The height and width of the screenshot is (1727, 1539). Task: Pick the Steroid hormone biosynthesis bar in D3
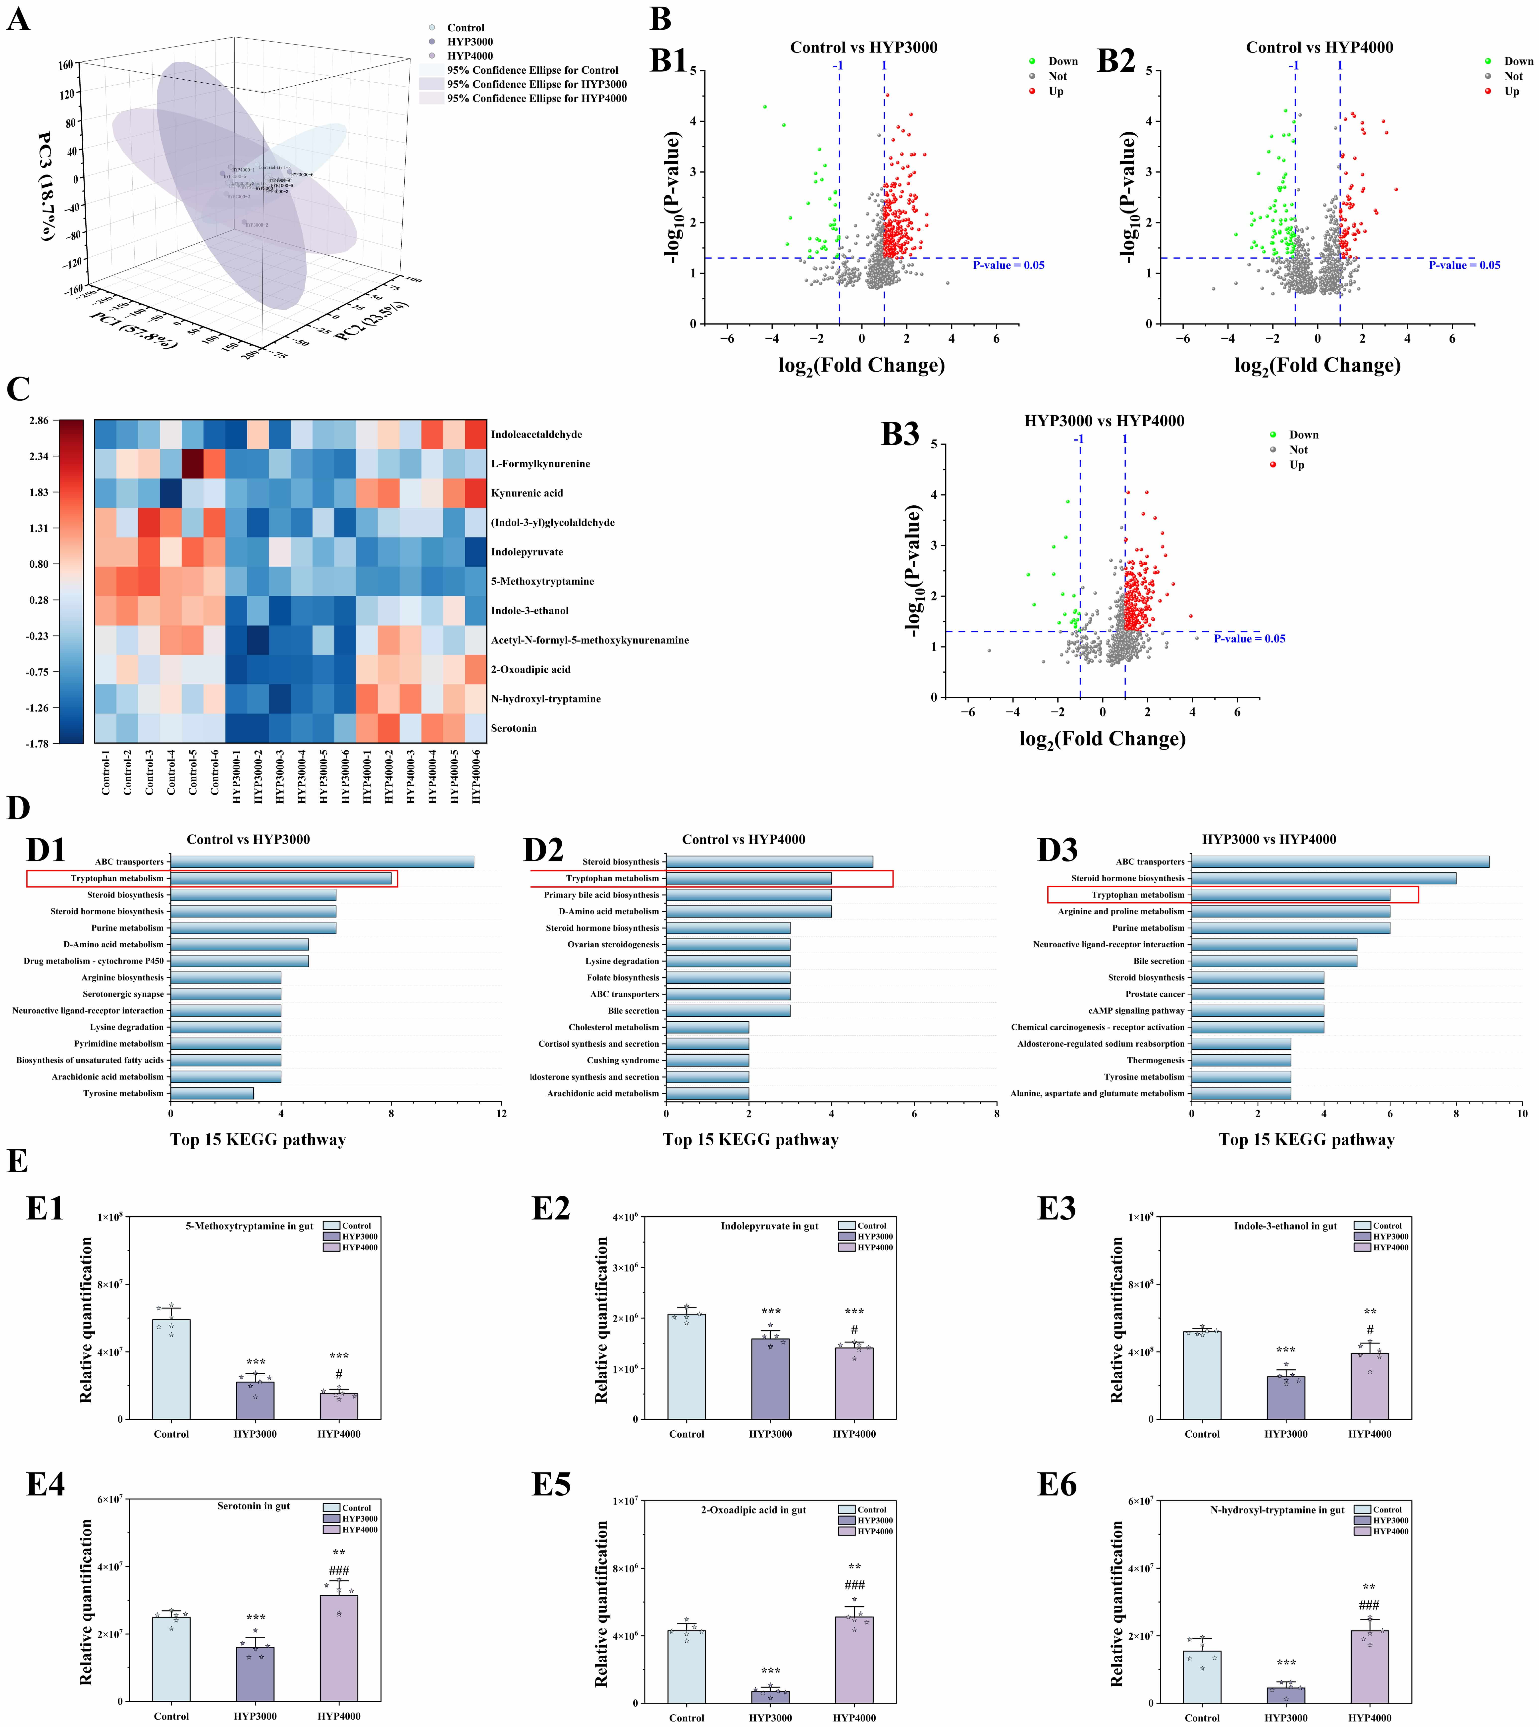(x=1323, y=878)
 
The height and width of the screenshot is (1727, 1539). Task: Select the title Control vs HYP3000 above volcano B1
(x=863, y=47)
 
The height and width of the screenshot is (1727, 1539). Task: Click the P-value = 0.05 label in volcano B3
(x=1249, y=639)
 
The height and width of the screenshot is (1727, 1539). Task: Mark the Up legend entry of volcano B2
(x=1511, y=91)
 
